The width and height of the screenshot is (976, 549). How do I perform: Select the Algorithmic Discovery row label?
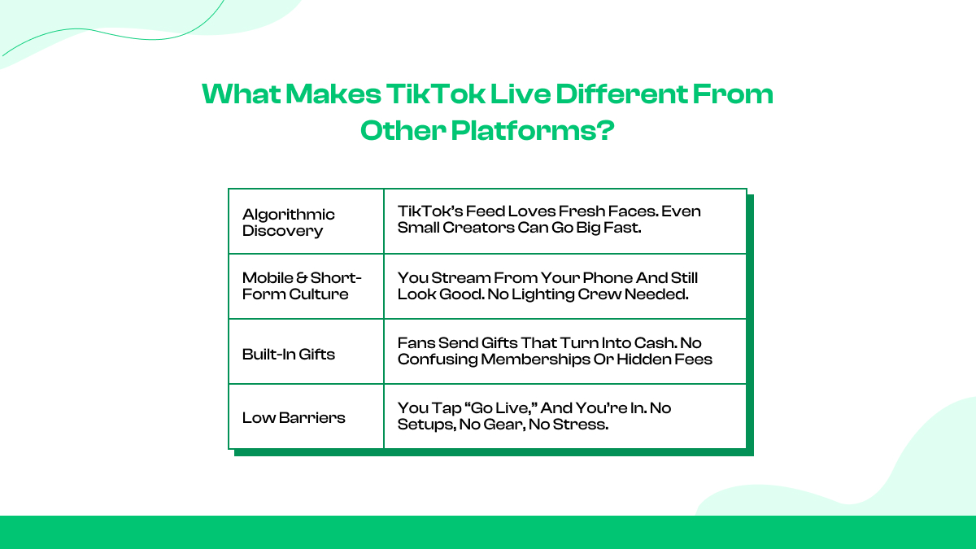[289, 222]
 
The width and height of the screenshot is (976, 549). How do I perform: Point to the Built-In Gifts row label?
[289, 354]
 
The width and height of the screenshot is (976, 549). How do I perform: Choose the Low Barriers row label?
[294, 418]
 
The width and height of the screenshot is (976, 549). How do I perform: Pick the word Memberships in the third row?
[521, 359]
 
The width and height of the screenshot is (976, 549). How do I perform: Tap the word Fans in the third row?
[415, 342]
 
